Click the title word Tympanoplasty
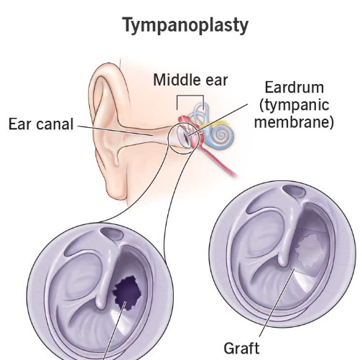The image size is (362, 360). point(186,25)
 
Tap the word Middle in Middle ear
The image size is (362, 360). point(177,80)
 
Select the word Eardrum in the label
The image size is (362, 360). point(294,87)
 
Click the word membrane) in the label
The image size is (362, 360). point(294,122)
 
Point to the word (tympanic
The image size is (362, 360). point(294,105)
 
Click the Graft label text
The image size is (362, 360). point(241,349)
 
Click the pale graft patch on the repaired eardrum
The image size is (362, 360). point(308,251)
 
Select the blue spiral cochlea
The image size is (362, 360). point(221,136)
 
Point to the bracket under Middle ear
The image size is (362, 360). point(190,96)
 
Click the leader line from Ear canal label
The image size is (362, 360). point(116,131)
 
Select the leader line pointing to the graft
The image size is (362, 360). point(277,303)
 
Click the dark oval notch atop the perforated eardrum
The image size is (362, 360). point(111,234)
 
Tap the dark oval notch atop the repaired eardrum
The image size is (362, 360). point(294,191)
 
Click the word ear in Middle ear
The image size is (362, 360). point(216,81)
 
